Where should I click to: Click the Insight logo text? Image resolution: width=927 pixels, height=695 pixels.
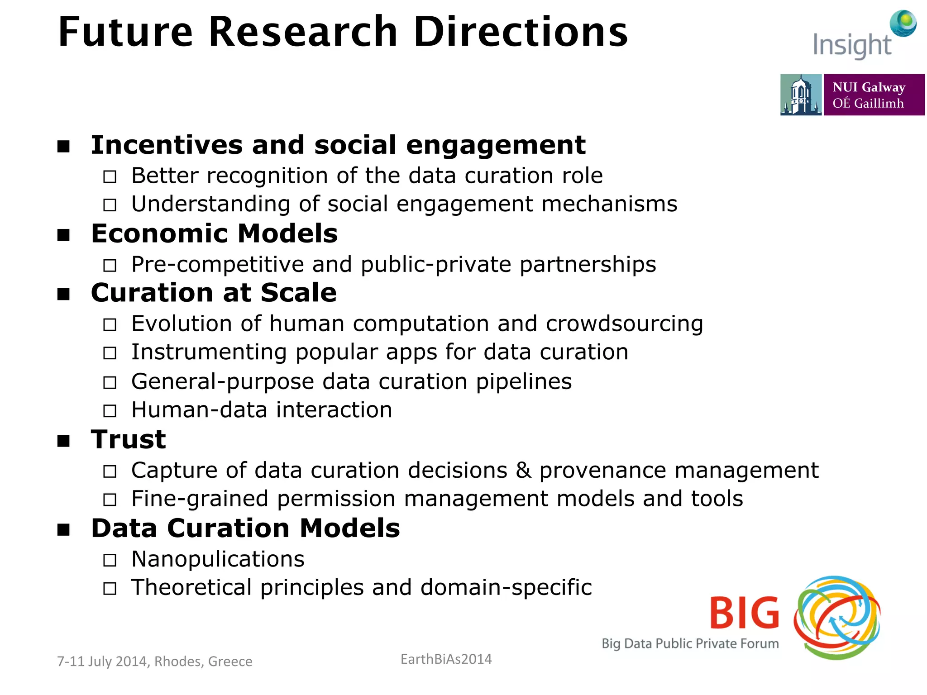pos(851,46)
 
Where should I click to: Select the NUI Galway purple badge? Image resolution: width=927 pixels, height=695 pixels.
pos(874,95)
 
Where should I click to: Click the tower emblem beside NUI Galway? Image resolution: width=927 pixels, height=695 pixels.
pos(800,95)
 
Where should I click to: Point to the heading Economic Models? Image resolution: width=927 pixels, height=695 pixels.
pos(214,233)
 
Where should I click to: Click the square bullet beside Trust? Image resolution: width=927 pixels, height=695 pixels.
pos(64,441)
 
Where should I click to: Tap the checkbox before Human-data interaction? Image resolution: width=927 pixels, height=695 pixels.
pos(110,411)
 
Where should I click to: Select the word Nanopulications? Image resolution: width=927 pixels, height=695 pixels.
pos(218,559)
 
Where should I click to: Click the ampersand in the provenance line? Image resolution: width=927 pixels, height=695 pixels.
pos(523,470)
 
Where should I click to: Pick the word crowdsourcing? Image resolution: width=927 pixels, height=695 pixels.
pos(624,324)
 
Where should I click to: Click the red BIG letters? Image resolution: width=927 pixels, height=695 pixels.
pos(745,613)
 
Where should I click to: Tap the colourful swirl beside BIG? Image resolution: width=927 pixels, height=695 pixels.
pos(837,617)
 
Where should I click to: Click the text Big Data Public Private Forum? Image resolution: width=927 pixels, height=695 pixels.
pos(690,643)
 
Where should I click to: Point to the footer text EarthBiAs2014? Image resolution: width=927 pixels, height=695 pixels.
pos(446,659)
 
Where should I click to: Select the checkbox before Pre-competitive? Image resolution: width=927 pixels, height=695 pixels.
pos(110,265)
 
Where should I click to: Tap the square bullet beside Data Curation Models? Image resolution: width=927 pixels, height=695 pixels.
pos(64,529)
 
